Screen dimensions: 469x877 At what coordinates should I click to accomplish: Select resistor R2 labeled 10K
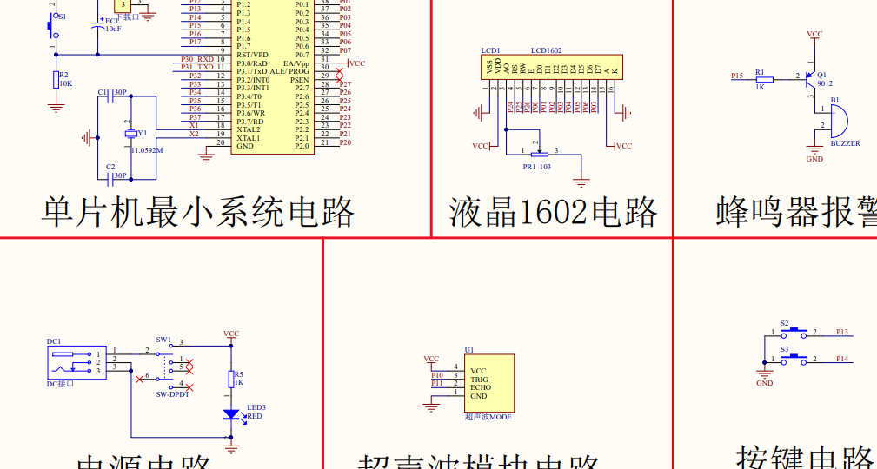click(56, 80)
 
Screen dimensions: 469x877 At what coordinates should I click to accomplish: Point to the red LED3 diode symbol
click(231, 414)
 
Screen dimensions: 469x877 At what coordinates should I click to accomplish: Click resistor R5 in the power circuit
click(231, 379)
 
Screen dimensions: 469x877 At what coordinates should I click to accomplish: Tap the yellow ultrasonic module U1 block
click(489, 383)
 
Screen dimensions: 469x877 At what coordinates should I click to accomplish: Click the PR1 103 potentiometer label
click(536, 166)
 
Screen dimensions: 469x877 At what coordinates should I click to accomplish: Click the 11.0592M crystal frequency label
click(147, 150)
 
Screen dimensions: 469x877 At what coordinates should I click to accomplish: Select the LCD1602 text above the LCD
click(546, 51)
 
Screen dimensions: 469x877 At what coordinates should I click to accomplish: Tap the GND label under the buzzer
click(814, 159)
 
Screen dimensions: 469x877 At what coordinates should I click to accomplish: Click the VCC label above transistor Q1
click(814, 34)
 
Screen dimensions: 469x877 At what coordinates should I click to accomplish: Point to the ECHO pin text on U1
click(480, 387)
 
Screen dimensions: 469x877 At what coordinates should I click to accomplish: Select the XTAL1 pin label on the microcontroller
click(248, 137)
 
